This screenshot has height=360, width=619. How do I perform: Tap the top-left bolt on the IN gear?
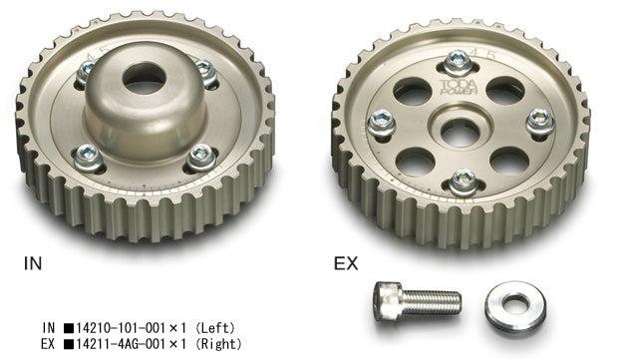(87, 70)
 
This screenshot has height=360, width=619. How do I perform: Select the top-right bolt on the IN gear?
(205, 69)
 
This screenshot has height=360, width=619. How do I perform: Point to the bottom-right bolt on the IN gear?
(200, 155)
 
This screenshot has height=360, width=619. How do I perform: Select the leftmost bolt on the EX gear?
(380, 122)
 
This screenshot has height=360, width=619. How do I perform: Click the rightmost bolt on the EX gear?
(538, 121)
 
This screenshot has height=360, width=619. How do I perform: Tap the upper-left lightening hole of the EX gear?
(410, 93)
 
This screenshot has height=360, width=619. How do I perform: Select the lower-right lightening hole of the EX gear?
(508, 161)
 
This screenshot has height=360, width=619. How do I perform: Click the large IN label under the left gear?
(33, 266)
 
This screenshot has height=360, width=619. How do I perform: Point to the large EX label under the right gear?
(345, 266)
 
